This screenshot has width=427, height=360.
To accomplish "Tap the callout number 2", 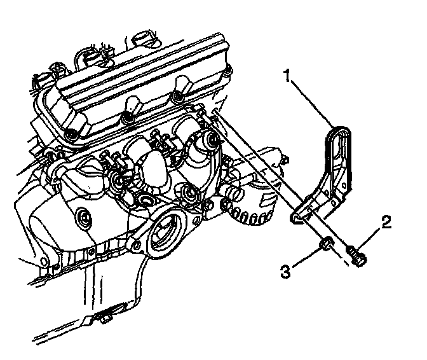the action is click(386, 222).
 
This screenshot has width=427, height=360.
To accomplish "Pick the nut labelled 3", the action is click(326, 245).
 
